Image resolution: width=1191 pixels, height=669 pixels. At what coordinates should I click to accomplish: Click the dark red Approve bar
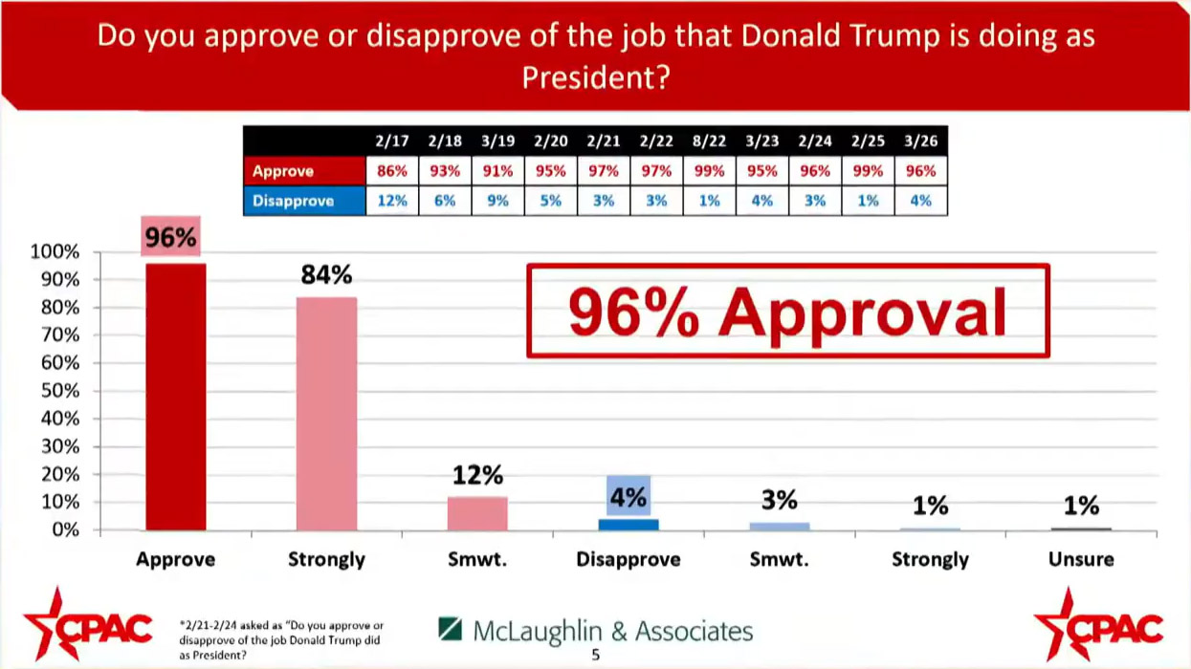pyautogui.click(x=175, y=397)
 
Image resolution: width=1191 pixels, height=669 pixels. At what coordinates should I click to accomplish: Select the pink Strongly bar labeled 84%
pyautogui.click(x=326, y=414)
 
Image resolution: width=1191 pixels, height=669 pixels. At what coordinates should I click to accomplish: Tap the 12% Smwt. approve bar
pyautogui.click(x=477, y=513)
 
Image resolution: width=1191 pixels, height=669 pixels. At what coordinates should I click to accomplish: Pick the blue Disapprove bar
pyautogui.click(x=629, y=525)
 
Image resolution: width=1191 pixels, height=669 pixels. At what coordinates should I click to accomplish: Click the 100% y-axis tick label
pyautogui.click(x=55, y=252)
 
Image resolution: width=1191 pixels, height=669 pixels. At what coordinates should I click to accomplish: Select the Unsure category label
pyautogui.click(x=1081, y=560)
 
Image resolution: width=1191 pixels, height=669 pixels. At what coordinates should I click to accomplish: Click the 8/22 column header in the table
pyautogui.click(x=709, y=140)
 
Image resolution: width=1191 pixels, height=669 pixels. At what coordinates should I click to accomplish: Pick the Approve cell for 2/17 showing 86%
pyautogui.click(x=392, y=171)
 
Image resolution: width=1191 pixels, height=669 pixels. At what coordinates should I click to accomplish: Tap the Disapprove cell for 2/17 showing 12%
pyautogui.click(x=392, y=201)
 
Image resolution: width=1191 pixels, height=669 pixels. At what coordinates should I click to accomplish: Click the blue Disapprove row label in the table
pyautogui.click(x=293, y=201)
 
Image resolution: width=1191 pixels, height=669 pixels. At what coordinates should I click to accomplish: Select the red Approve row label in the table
pyautogui.click(x=283, y=171)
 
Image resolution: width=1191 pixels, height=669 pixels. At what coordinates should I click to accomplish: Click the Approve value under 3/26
pyautogui.click(x=920, y=171)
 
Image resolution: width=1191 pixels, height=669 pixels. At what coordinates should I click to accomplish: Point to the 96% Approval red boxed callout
pyautogui.click(x=787, y=312)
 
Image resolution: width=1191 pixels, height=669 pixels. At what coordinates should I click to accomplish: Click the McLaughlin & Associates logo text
pyautogui.click(x=612, y=631)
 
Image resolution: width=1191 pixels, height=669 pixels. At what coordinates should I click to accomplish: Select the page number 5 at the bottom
pyautogui.click(x=595, y=656)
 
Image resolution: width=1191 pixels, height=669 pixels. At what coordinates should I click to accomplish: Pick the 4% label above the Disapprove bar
pyautogui.click(x=629, y=497)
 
